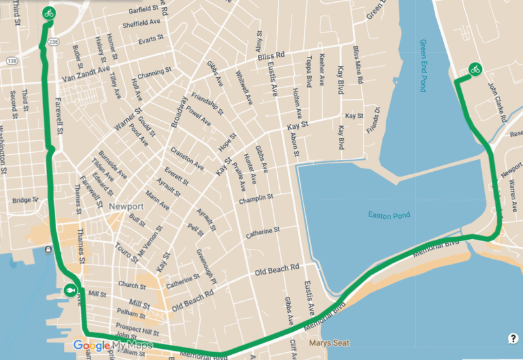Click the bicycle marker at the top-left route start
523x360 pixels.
pyautogui.click(x=48, y=12)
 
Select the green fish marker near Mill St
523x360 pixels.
pyautogui.click(x=70, y=291)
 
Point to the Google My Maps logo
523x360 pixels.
pyautogui.click(x=112, y=345)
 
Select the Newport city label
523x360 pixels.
pyautogui.click(x=126, y=206)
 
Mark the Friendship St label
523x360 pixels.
pyautogui.click(x=204, y=103)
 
